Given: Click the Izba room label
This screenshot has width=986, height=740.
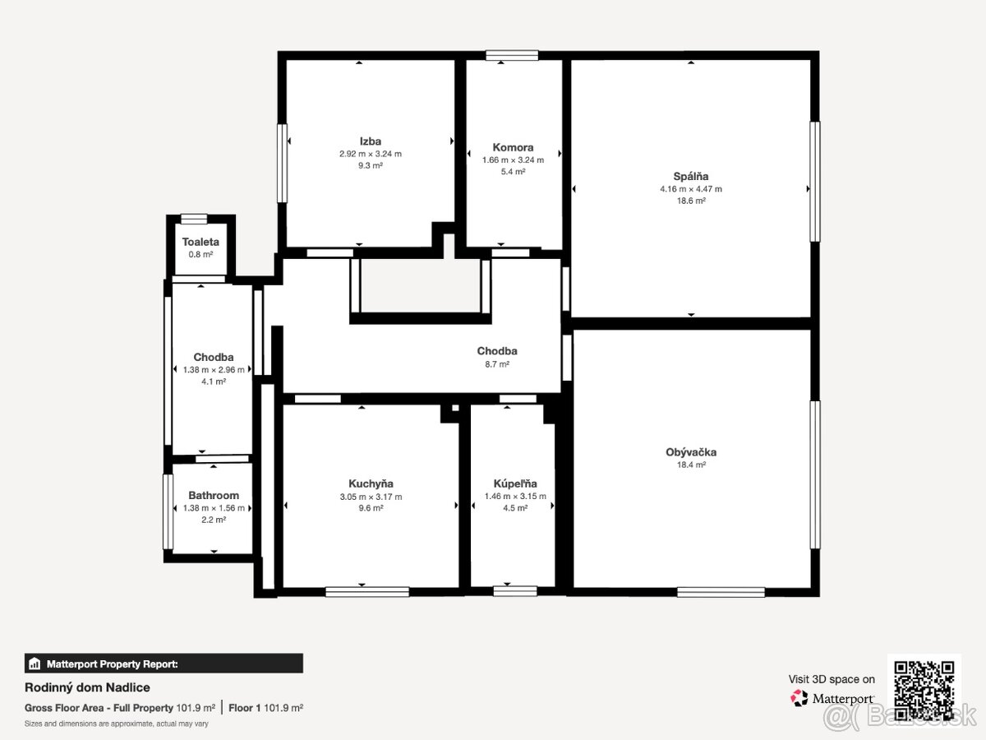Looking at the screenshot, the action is [370, 141].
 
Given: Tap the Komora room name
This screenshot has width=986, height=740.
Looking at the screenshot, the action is [513, 147].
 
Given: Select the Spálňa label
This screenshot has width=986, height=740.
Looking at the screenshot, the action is [691, 176].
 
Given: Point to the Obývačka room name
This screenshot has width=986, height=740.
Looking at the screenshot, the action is [691, 452].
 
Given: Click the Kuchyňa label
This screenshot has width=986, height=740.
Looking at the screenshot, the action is [371, 483].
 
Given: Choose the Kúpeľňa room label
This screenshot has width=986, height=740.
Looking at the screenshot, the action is [515, 483].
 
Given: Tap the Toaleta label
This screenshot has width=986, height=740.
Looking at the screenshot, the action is [200, 242].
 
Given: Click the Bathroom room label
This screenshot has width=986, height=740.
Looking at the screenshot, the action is [214, 495].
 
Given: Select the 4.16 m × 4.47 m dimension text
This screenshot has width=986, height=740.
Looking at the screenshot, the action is [691, 189].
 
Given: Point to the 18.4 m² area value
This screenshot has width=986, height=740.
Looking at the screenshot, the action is [691, 465].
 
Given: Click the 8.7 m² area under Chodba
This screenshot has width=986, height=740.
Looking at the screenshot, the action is [497, 364].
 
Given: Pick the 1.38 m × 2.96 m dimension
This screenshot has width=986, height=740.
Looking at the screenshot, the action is [214, 370].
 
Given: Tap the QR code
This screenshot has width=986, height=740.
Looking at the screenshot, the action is [924, 691].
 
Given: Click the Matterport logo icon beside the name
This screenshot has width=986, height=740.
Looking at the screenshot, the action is [799, 698].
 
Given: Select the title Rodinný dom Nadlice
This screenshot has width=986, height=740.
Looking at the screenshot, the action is [87, 687].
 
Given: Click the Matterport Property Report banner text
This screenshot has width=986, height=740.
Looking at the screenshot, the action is [113, 664].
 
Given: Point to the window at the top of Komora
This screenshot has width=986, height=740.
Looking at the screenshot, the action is [512, 55].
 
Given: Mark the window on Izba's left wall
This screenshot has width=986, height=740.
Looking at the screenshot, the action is [282, 163].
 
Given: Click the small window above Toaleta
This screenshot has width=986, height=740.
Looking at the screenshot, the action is [194, 219].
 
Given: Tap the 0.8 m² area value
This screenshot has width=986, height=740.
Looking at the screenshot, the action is [200, 254].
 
